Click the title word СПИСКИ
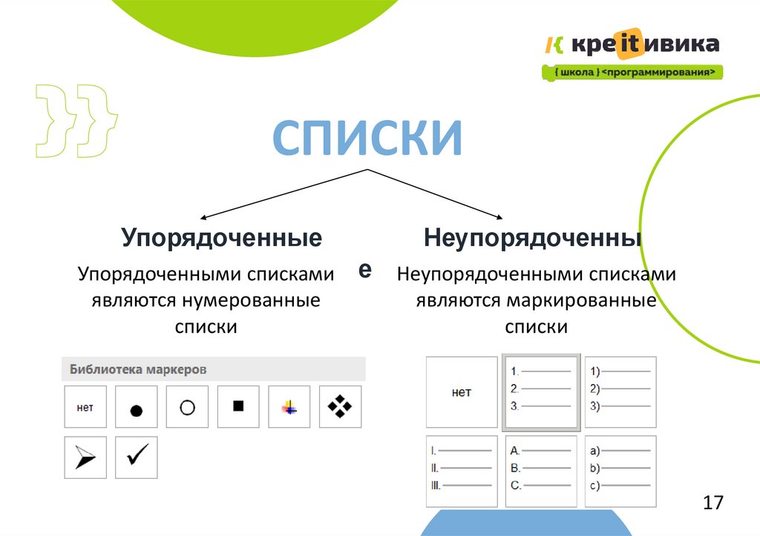(367, 138)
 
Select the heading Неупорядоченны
(533, 238)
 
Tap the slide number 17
(712, 503)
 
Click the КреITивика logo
(632, 44)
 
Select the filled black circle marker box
(136, 406)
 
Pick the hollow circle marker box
(187, 406)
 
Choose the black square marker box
(238, 406)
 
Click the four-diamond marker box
(340, 406)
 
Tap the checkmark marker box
(136, 457)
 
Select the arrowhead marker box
(85, 457)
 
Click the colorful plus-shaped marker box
(289, 406)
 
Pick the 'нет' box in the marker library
(85, 406)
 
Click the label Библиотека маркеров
(138, 368)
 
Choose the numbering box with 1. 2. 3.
(540, 392)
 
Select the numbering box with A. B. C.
(540, 471)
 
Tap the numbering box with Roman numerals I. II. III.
(461, 471)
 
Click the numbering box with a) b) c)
(620, 471)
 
